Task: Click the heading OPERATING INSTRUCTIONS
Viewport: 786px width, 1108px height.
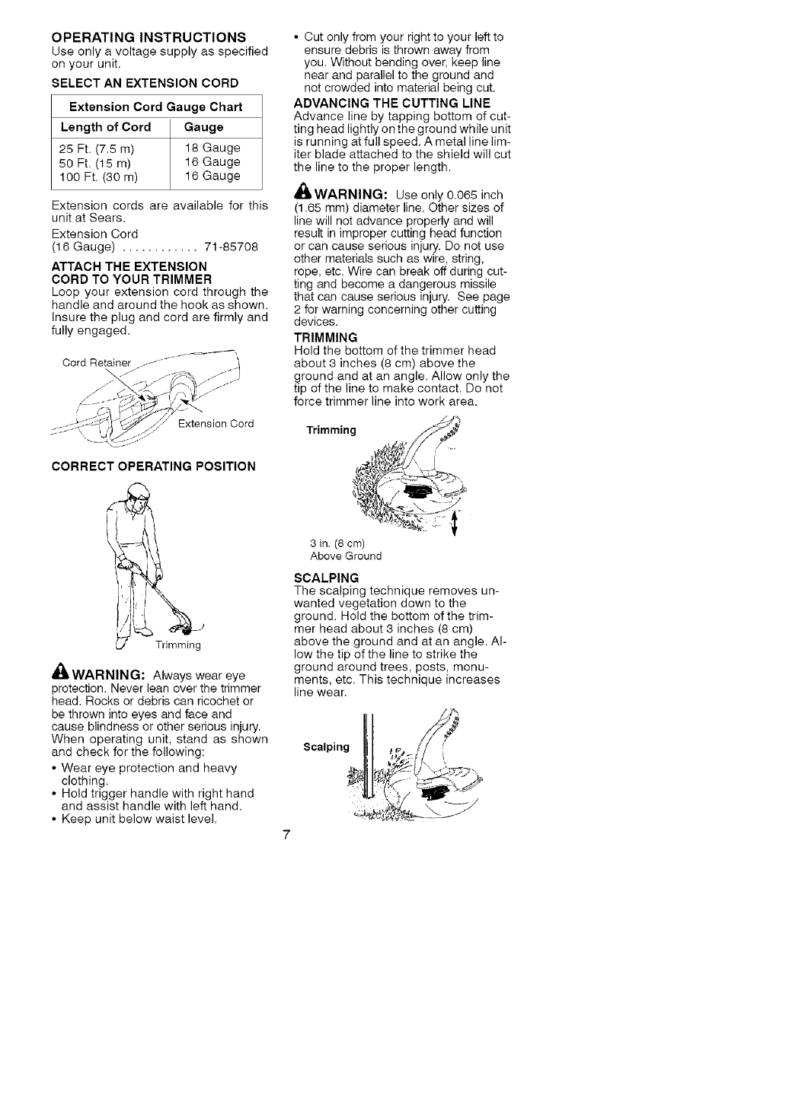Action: [x=149, y=37]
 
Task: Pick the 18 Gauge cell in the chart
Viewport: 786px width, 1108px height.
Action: [x=212, y=148]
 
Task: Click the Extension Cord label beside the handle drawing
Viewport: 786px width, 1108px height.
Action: [x=216, y=424]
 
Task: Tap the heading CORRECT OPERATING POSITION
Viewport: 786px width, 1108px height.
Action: [x=153, y=466]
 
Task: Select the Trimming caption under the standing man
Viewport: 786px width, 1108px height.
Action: [x=177, y=645]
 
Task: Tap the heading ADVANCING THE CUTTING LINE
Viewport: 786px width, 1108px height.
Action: [x=392, y=103]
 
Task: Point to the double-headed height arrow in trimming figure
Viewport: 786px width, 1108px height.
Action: [x=455, y=523]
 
